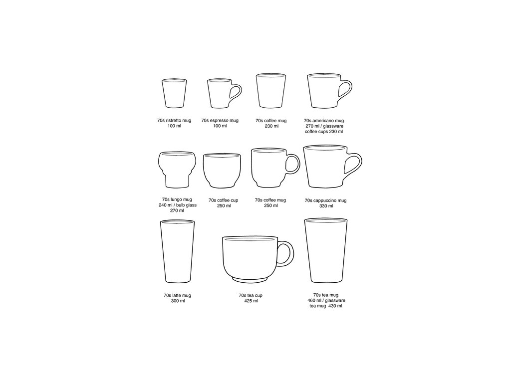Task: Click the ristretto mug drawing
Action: [174, 93]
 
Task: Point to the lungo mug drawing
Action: [177, 170]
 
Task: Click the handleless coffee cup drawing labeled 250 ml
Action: [222, 171]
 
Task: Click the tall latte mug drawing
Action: [177, 251]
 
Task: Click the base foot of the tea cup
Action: [250, 280]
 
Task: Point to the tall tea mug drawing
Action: [326, 250]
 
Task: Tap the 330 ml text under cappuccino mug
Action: [326, 206]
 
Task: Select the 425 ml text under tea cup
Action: [251, 301]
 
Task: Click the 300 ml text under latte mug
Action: [178, 301]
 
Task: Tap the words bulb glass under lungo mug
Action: [187, 205]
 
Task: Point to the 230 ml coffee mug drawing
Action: [271, 91]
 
